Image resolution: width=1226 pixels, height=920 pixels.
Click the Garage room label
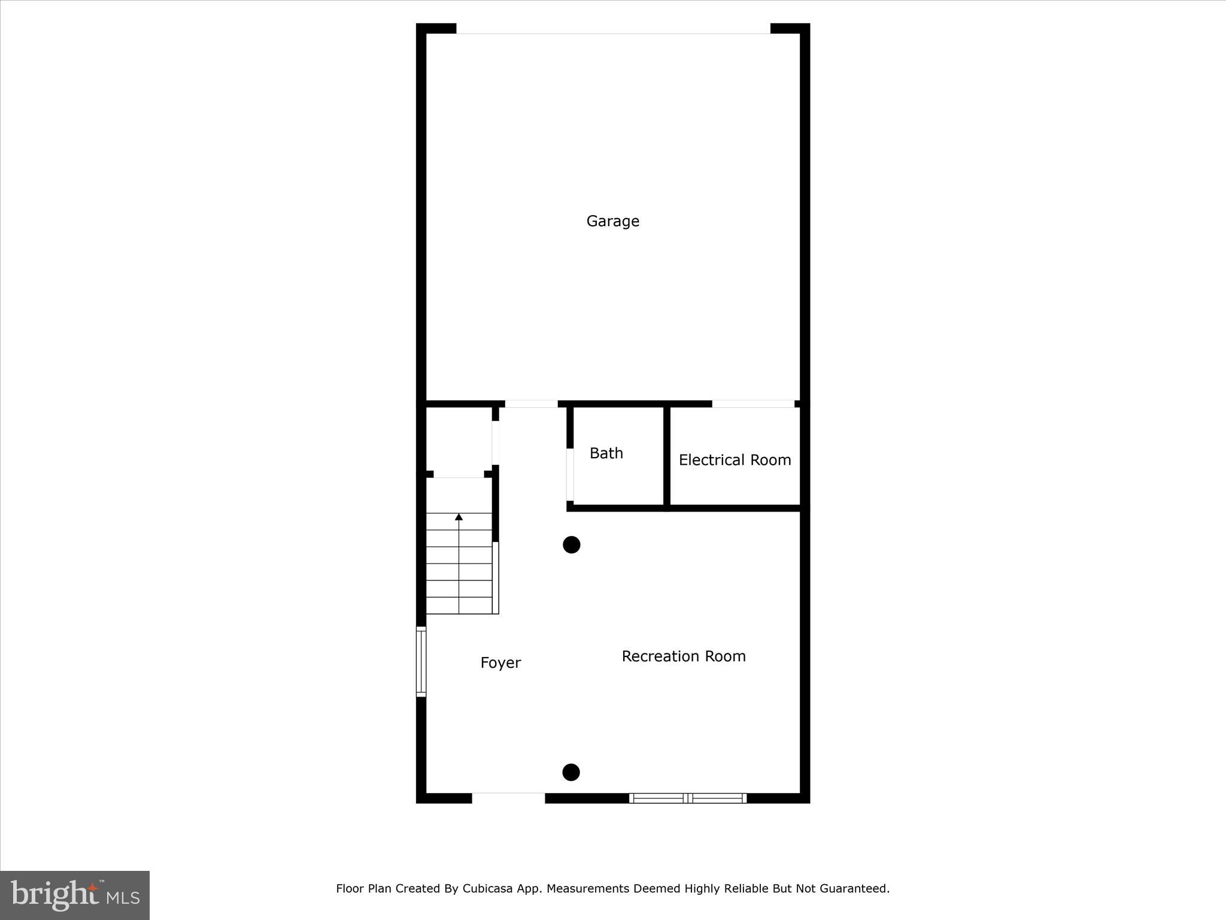click(x=612, y=222)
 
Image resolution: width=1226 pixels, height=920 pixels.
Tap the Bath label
click(x=606, y=453)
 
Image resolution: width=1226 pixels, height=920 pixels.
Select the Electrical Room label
click(x=735, y=460)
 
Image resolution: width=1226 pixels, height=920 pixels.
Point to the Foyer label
click(x=500, y=662)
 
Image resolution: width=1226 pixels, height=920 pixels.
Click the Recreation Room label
click(x=684, y=656)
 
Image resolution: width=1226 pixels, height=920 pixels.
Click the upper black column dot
click(x=572, y=545)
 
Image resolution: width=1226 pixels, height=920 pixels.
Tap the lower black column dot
click(x=571, y=772)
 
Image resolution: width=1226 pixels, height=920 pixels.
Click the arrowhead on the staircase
click(x=459, y=517)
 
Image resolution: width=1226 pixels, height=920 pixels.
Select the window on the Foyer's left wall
click(x=421, y=662)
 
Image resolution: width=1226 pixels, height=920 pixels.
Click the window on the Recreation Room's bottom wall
click(x=688, y=798)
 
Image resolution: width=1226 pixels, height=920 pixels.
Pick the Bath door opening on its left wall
click(x=570, y=474)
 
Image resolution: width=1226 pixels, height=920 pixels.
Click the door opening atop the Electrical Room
click(x=752, y=404)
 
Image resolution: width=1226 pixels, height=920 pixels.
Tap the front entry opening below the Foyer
click(x=508, y=797)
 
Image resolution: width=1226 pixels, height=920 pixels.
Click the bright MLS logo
click(x=75, y=895)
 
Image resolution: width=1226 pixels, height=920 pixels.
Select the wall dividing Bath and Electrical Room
click(x=667, y=456)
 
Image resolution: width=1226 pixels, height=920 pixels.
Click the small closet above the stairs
click(x=459, y=441)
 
